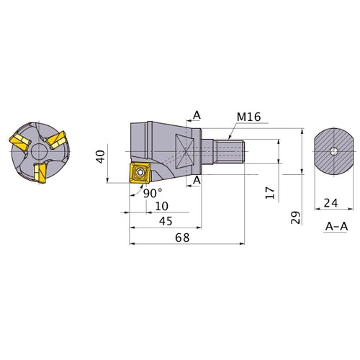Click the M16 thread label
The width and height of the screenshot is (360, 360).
[248, 117]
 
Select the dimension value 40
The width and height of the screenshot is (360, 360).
[100, 157]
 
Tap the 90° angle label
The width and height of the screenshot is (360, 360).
[153, 193]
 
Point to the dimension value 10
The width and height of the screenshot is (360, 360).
[162, 206]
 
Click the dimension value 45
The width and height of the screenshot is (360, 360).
[166, 221]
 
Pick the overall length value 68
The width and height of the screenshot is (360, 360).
[182, 238]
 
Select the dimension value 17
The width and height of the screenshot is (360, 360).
[270, 192]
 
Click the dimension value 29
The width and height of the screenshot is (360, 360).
[295, 217]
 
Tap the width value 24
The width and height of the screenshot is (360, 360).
[330, 203]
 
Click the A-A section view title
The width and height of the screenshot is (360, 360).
[336, 226]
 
